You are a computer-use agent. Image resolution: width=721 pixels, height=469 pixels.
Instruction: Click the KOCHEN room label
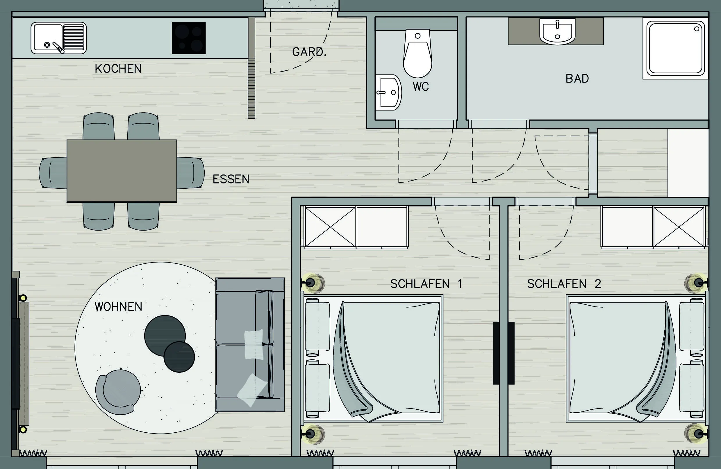pos(118,69)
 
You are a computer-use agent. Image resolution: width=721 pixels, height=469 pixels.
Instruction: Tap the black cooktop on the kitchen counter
pos(189,38)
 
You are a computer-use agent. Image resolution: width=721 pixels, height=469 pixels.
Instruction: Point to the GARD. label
pos(309,52)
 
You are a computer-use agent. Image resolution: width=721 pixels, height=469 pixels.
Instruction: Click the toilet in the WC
pos(417,53)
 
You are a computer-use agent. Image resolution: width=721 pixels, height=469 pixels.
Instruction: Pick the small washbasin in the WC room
pos(388,92)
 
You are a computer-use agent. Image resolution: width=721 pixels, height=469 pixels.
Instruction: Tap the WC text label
pos(421,87)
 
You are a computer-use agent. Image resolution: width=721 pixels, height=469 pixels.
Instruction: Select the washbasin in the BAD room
pos(557,31)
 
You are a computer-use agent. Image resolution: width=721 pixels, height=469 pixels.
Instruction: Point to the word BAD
pos(577,79)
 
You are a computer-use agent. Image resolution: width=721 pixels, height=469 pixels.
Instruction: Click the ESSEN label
pos(231,179)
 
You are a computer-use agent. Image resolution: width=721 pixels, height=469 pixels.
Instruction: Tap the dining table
pos(122,171)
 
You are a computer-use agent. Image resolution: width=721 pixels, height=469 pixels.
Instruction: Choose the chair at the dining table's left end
pos(53,173)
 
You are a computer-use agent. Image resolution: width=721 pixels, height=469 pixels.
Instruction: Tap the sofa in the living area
pos(250,345)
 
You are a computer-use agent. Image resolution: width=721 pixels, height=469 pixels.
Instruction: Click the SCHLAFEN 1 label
pos(426,284)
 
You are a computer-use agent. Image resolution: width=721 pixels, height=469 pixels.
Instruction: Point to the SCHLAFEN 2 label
pos(564,284)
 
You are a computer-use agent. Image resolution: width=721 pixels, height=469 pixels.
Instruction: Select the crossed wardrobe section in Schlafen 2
pos(679,227)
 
